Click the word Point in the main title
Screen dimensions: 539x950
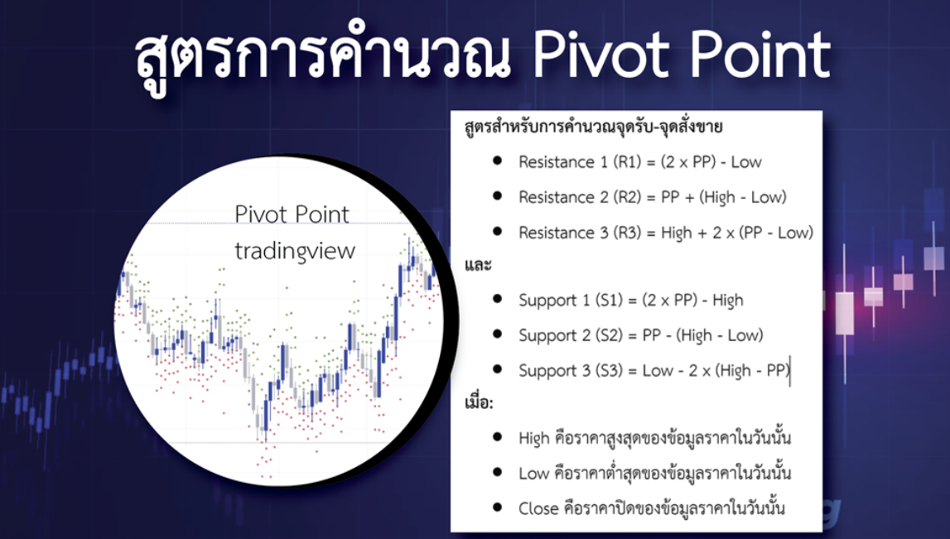[754, 55]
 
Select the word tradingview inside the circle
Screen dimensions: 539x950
[295, 250]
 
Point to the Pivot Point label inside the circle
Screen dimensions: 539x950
[292, 214]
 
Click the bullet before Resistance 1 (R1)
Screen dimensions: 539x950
[498, 161]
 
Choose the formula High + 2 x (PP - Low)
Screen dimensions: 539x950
[737, 233]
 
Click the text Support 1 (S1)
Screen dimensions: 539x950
[566, 300]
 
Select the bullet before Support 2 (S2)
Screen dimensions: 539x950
[498, 334]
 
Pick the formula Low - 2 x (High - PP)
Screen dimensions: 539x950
[716, 370]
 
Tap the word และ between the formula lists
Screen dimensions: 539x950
[478, 266]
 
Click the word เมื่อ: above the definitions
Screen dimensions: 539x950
[478, 404]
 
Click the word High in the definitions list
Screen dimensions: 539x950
[534, 437]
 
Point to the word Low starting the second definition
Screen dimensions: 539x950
[533, 473]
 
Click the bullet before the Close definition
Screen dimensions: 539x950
[498, 507]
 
